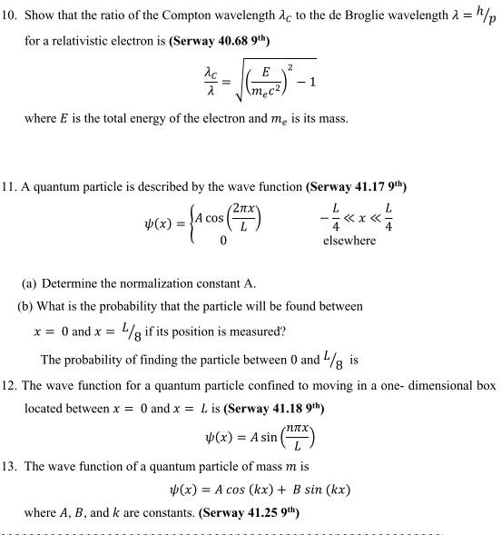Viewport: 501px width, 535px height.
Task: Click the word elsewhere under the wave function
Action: (349, 241)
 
